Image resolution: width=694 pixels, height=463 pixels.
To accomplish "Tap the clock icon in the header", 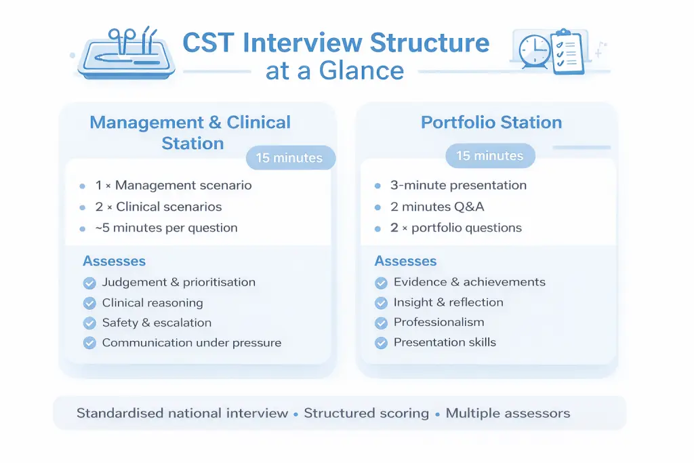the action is [535, 52].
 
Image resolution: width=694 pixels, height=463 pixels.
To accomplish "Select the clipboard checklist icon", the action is [567, 52].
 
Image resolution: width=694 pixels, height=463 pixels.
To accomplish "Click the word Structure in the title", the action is [429, 43].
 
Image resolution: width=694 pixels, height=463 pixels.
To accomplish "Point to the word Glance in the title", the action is [361, 71].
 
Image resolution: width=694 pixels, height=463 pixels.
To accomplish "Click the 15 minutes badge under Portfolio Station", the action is [490, 155].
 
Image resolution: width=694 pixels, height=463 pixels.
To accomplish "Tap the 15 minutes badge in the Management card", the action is [289, 157].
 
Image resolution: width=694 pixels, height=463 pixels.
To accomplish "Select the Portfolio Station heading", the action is [491, 122].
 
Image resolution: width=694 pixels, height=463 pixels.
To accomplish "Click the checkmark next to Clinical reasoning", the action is [89, 303].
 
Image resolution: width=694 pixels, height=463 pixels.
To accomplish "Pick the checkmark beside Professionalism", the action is [381, 323].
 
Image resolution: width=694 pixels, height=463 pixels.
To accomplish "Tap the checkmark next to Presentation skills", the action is [381, 343].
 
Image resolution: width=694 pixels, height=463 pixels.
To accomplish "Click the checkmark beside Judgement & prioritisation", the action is [89, 283].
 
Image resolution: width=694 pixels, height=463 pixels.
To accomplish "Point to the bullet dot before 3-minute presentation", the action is [377, 186].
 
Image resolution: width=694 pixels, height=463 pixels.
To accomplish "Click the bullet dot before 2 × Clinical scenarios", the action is [82, 207].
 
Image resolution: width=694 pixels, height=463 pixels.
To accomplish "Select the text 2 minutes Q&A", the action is [437, 207].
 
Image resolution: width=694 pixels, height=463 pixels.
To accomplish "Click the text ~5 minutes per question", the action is [167, 228].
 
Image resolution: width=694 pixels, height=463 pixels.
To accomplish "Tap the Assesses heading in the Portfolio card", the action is [405, 261].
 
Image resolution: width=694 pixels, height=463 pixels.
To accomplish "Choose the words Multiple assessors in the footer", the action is [508, 414].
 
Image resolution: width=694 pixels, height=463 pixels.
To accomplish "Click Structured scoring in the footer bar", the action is [366, 414].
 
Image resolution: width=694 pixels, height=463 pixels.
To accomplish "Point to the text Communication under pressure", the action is [192, 343].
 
